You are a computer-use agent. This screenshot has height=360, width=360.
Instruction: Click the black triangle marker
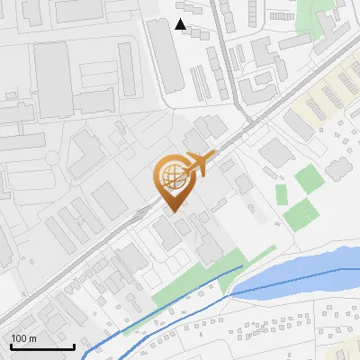click(x=181, y=24)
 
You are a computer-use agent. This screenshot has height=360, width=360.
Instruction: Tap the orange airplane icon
click(x=197, y=164)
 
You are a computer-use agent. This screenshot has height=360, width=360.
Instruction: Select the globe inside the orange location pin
click(x=173, y=177)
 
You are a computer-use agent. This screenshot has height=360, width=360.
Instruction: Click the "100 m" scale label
click(x=24, y=338)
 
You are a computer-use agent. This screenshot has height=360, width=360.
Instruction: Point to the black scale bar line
click(x=42, y=347)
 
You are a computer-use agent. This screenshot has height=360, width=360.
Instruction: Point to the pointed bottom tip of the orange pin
click(x=173, y=211)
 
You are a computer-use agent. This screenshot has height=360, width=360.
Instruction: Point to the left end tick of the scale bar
click(x=11, y=345)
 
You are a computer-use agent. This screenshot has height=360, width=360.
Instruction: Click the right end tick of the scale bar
click(x=74, y=345)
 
